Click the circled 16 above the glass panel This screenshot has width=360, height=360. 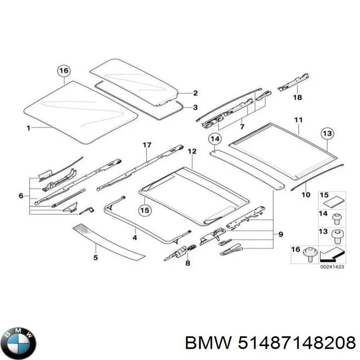coord(64,71)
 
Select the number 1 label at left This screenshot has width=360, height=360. coord(28,128)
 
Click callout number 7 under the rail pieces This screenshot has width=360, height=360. coord(242,127)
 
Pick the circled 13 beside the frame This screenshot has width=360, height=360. coord(327,133)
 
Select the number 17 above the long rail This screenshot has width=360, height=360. coord(146,145)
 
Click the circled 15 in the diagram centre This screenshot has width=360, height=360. coord(144,210)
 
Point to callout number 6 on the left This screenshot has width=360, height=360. coord(21,196)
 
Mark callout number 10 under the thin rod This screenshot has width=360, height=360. coord(306,195)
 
